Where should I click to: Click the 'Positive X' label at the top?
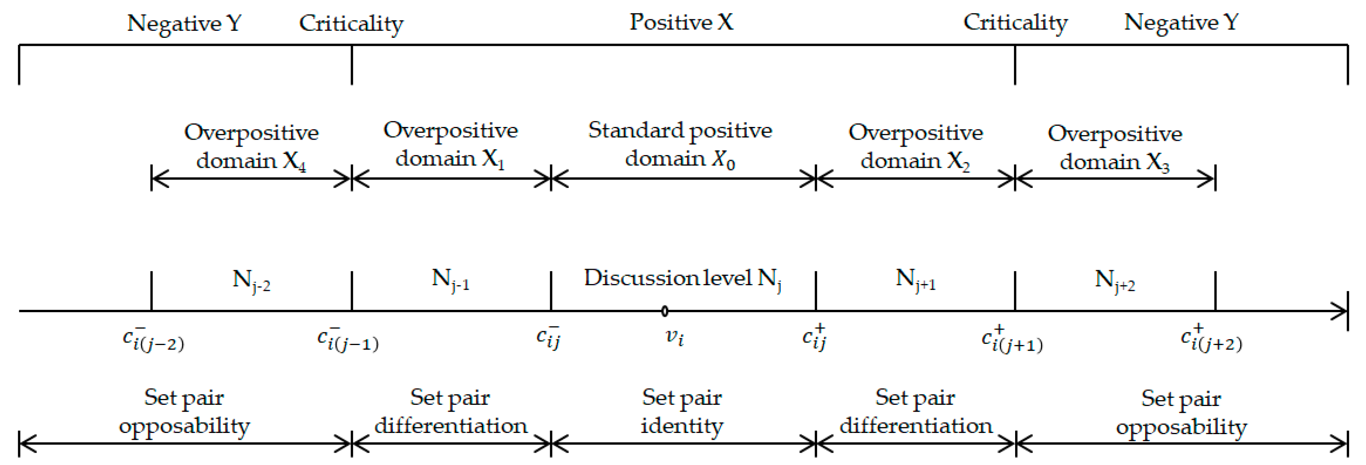coord(681,22)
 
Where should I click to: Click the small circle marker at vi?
coord(664,311)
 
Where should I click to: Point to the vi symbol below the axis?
coord(674,336)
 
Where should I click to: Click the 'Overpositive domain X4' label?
coord(251,146)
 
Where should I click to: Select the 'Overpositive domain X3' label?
coord(1115,147)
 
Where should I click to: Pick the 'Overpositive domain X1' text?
coord(450,144)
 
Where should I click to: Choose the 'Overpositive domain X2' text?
coord(915,146)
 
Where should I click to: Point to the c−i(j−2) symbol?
coord(153,339)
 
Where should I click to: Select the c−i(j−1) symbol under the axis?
coord(347,339)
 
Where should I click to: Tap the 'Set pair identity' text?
coord(682,411)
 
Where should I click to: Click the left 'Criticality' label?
coord(351,23)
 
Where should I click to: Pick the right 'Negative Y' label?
coord(1181,22)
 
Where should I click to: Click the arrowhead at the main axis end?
coord(1342,311)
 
